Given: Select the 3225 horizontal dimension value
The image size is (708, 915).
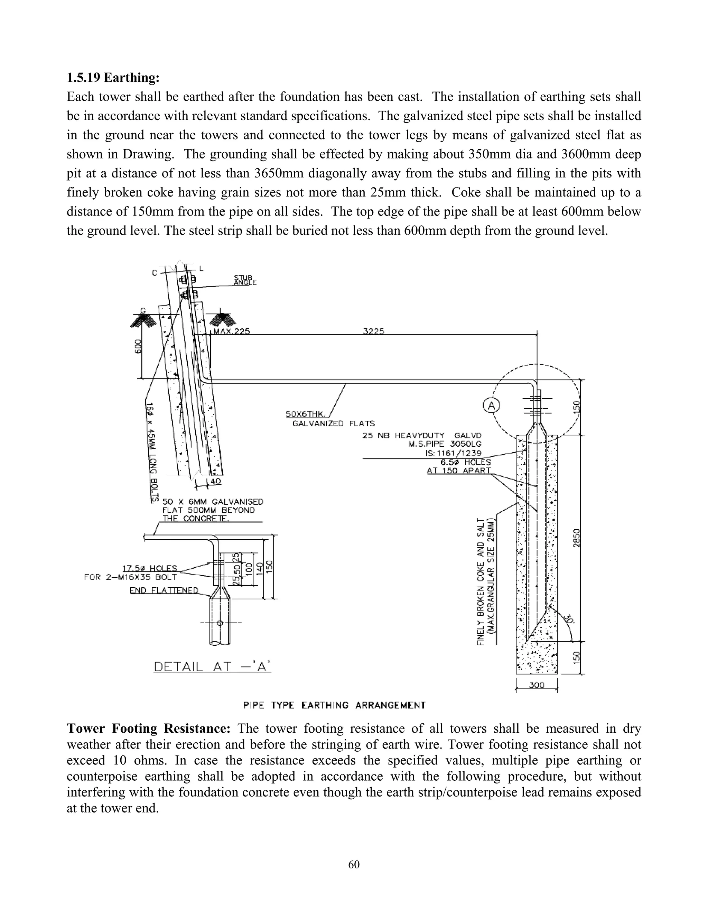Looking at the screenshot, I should coord(373,331).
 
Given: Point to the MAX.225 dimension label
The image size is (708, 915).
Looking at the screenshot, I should coord(232,331).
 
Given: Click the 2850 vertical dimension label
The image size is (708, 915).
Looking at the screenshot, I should coord(577,538).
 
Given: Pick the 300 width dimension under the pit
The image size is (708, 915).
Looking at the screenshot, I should coord(537,685).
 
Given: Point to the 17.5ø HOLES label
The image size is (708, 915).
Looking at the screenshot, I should coord(149,568).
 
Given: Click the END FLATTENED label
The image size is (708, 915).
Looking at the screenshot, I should coord(164,590).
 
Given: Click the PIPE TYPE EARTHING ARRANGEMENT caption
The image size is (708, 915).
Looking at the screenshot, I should coord(334,705).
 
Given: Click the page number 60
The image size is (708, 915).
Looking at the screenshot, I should coord(354,864).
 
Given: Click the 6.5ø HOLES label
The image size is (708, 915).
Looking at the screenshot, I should coord(466,462).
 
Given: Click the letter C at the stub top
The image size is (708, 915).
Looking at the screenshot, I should coord(154,273).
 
